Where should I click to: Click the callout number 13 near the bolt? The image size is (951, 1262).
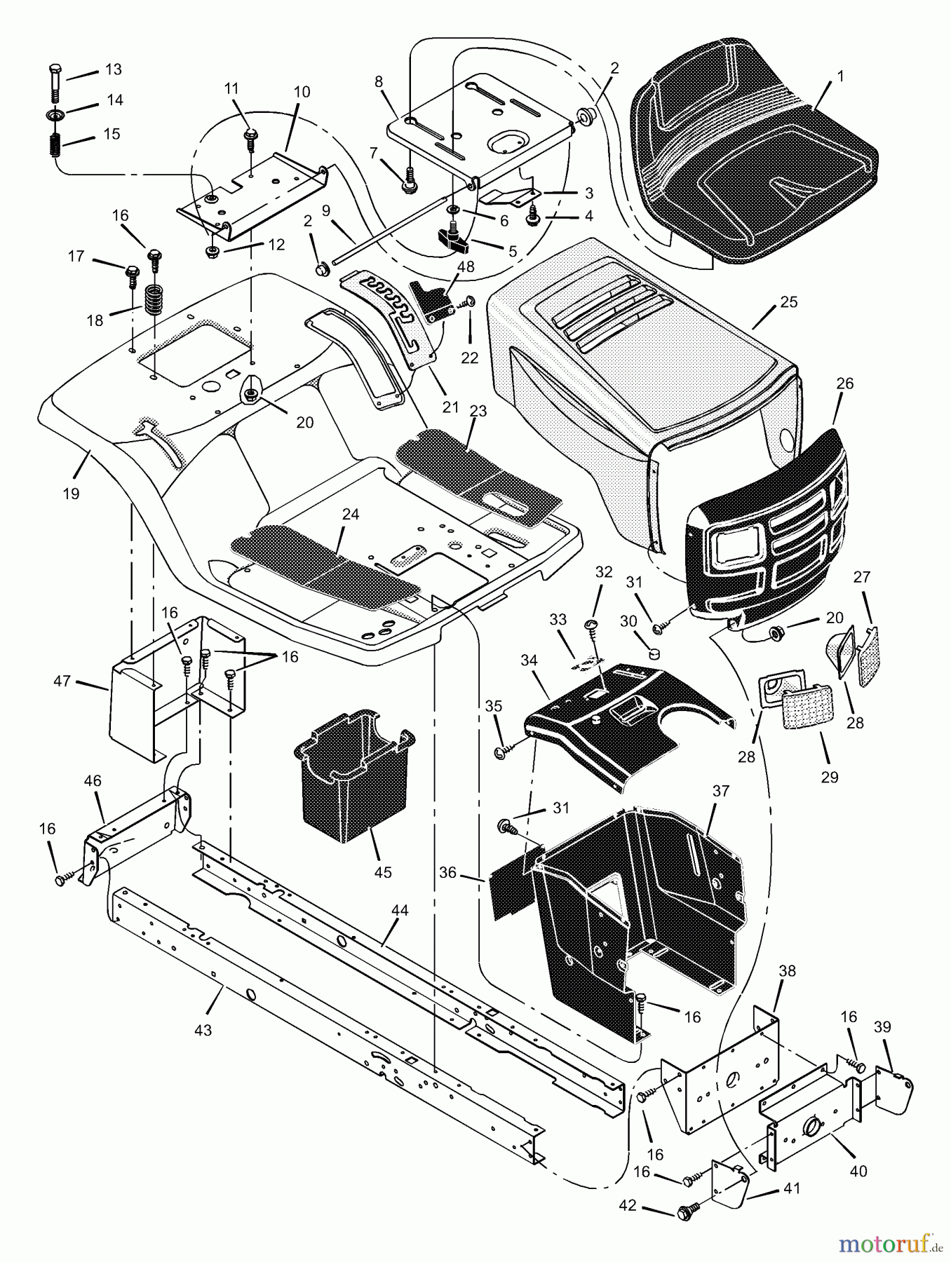[x=113, y=69]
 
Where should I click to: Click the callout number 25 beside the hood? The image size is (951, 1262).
[x=788, y=302]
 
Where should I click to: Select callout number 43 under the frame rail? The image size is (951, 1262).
[x=204, y=1031]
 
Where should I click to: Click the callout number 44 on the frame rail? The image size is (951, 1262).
[x=399, y=910]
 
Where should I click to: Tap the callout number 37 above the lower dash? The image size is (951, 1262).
[x=721, y=791]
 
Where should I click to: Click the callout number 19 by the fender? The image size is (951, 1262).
[x=70, y=494]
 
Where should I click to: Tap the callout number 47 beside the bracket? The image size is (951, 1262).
[x=62, y=680]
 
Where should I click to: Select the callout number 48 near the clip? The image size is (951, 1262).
[x=466, y=267]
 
